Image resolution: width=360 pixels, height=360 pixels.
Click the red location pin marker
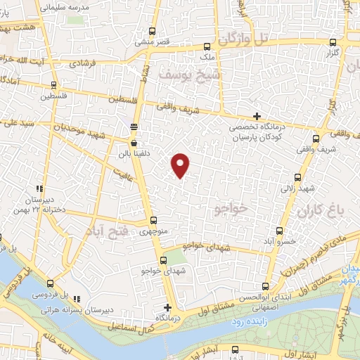pyautogui.click(x=181, y=165)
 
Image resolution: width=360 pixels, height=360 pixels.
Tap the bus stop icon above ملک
pyautogui.click(x=206, y=44)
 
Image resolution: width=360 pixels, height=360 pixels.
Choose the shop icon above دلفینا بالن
pyautogui.click(x=134, y=142)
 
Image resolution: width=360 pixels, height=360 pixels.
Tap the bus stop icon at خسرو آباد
pyautogui.click(x=281, y=231)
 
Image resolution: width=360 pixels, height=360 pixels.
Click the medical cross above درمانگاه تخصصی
pyautogui.click(x=257, y=116)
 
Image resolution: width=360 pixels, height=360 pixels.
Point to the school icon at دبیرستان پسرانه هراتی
pyautogui.click(x=77, y=299)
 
